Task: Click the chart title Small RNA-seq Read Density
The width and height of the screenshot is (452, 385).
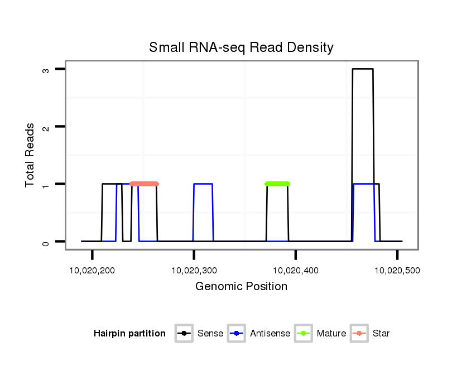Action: click(241, 47)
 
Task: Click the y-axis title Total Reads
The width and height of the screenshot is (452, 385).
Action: click(31, 155)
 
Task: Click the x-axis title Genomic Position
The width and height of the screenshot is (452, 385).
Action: click(241, 287)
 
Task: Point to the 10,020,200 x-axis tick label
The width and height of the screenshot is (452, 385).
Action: click(92, 271)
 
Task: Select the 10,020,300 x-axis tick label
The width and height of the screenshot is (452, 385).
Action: click(194, 271)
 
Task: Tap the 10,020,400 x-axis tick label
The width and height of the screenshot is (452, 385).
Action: click(295, 271)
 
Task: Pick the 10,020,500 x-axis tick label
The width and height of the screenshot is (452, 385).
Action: click(397, 271)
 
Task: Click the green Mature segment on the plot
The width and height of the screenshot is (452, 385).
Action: click(277, 184)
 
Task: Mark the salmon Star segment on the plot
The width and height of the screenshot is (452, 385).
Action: click(144, 184)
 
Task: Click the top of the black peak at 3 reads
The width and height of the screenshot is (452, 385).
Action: click(363, 69)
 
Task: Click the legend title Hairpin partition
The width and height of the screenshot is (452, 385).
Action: click(129, 334)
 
